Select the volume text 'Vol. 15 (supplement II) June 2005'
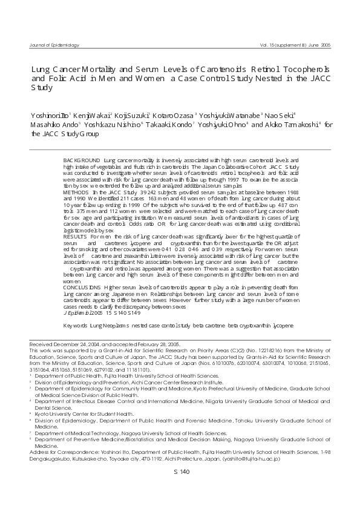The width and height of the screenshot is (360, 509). [295, 45]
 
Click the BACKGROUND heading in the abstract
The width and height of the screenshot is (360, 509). [82, 159]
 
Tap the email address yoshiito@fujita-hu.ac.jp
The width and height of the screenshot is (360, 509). [250, 459]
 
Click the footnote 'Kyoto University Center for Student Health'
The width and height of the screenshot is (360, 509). [85, 413]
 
